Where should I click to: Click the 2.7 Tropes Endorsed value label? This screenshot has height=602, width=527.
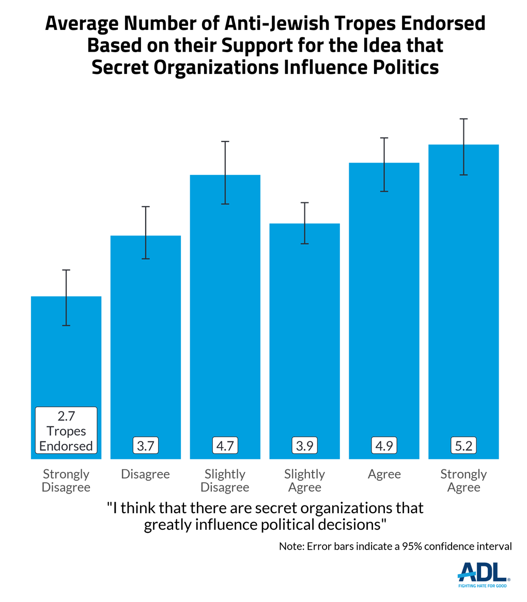(x=66, y=430)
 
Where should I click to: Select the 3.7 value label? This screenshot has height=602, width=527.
(x=146, y=446)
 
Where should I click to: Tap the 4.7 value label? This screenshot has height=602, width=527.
(x=225, y=446)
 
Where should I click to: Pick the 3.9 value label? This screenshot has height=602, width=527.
(x=305, y=446)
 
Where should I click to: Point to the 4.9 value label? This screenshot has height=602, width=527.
(x=384, y=446)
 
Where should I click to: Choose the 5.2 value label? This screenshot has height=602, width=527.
(x=463, y=446)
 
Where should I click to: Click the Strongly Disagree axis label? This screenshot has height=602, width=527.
(x=66, y=480)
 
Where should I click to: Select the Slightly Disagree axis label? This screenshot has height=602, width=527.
(x=225, y=480)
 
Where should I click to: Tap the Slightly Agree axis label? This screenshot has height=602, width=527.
(x=305, y=480)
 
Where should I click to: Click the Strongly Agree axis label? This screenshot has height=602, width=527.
(x=463, y=480)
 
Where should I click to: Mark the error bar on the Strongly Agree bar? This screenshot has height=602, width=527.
(x=464, y=147)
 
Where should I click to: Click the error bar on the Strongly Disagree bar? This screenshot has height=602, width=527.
(x=66, y=297)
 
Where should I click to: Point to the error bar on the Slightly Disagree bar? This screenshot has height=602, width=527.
(x=225, y=172)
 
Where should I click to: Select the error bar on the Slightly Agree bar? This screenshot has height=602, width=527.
(x=305, y=223)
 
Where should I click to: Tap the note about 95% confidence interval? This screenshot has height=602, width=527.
(x=395, y=546)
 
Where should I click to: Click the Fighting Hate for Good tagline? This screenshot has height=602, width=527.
(x=483, y=586)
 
